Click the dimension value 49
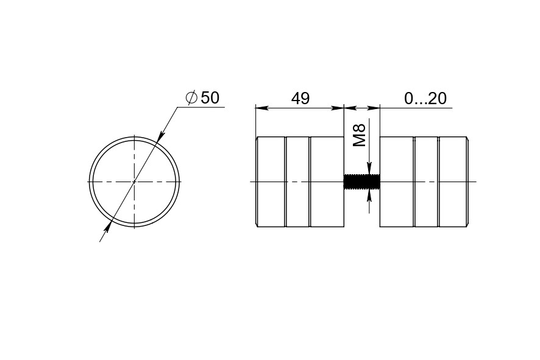(x=300, y=98)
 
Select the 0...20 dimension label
(x=425, y=98)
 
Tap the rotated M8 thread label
(x=360, y=135)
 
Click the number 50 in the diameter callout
(x=210, y=97)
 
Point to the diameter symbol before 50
(x=191, y=97)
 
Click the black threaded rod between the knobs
(x=362, y=182)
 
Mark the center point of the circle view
(x=134, y=182)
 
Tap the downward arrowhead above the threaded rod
(x=369, y=169)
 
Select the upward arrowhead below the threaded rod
(x=369, y=195)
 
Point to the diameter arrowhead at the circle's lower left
(x=107, y=227)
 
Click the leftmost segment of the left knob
(x=271, y=182)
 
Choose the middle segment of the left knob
(x=297, y=182)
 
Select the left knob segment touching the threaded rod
(x=327, y=182)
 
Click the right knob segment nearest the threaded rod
(x=397, y=182)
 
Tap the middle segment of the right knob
(x=426, y=182)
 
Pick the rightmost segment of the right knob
(x=453, y=182)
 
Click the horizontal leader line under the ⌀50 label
(x=201, y=107)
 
